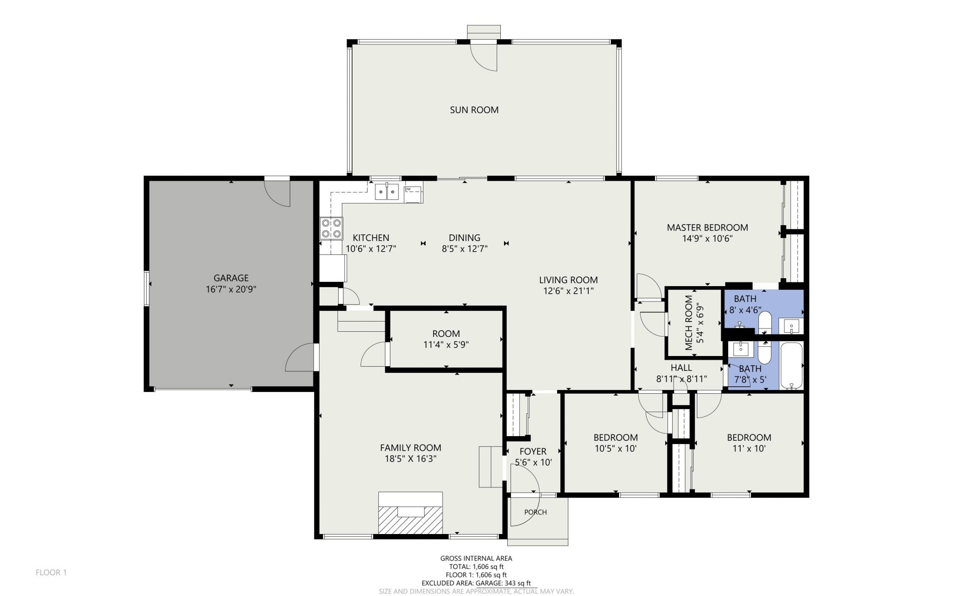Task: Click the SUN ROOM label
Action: coord(474,110)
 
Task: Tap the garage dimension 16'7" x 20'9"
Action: coord(231,289)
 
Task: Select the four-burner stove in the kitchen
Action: coord(331,229)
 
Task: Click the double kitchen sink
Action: coord(387,192)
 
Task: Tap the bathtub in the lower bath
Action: coord(791,366)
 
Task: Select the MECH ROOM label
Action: coord(688,323)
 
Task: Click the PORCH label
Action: coord(535,512)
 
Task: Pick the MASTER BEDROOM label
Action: coord(707,227)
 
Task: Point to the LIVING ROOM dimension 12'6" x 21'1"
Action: coord(568,291)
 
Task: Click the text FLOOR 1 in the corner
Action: coord(51,572)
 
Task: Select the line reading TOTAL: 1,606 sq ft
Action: coord(476,567)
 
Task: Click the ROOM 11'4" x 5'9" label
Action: coord(446,339)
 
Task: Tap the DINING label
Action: coord(464,238)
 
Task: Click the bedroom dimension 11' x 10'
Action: coord(749,449)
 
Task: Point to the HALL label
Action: coord(681,368)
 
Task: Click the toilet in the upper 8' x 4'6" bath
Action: coord(765,323)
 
